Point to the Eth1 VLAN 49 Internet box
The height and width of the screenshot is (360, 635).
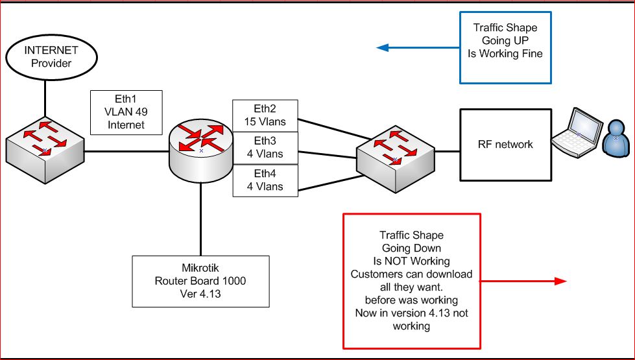[126, 112]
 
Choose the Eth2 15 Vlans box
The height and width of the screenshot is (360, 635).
[265, 115]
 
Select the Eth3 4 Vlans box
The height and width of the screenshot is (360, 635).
[265, 149]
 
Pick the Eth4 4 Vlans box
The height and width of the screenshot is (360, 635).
[265, 181]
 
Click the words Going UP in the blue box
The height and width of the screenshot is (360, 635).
[505, 40]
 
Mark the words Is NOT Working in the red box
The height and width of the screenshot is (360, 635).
[411, 261]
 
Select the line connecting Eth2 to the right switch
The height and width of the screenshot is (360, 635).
[331, 128]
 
